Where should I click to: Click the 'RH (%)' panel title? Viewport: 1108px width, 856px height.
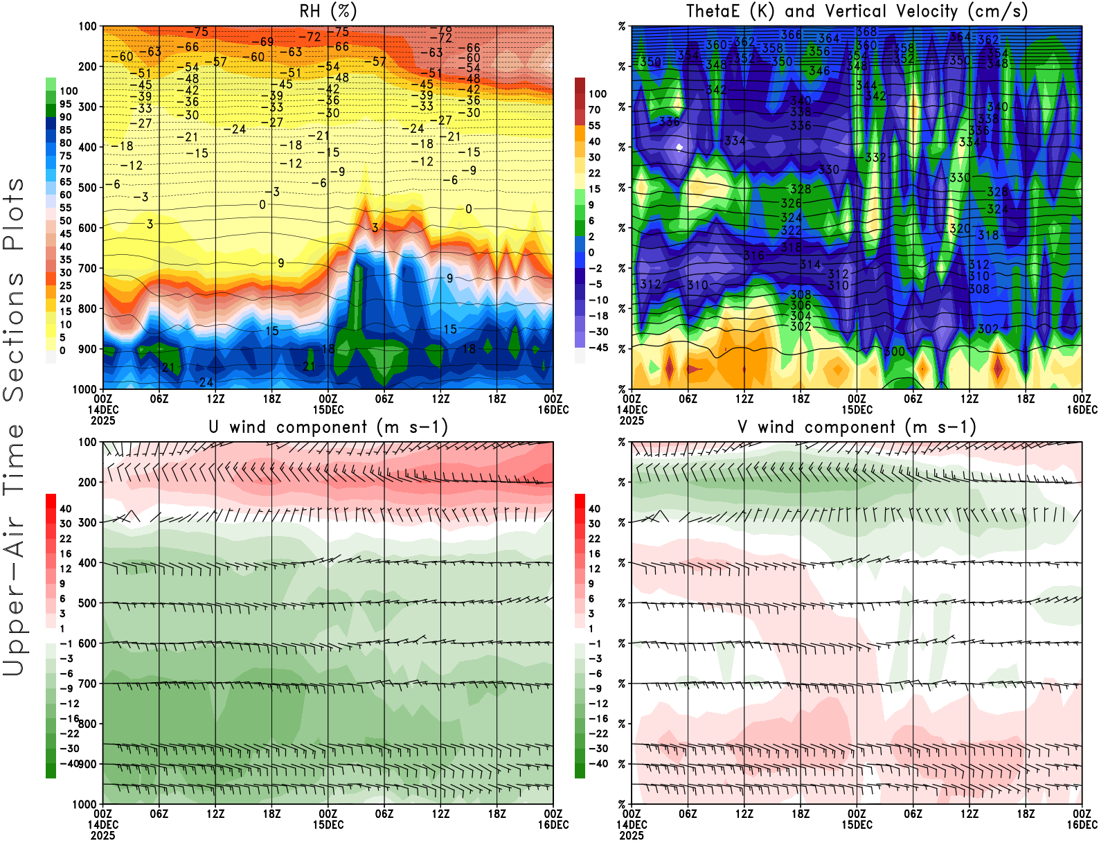(328, 11)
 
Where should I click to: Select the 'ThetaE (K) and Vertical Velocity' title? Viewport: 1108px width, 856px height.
(857, 11)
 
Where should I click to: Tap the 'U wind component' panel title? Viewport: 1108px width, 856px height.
(328, 427)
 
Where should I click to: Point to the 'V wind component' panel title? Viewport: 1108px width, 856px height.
(857, 427)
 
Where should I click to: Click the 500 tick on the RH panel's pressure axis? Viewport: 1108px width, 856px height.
(88, 188)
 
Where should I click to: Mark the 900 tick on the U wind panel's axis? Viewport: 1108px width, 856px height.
(88, 764)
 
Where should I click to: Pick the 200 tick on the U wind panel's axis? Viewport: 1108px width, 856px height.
(88, 482)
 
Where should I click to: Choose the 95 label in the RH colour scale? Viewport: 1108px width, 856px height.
(65, 104)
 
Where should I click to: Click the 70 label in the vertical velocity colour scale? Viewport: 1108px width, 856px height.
(594, 109)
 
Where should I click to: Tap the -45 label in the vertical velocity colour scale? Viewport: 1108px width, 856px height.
(598, 348)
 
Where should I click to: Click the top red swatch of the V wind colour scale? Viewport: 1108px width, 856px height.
(580, 501)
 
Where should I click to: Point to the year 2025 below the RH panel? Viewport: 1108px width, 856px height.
(102, 420)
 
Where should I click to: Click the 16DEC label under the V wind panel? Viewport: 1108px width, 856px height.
(1082, 825)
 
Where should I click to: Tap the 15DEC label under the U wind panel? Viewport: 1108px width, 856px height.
(328, 825)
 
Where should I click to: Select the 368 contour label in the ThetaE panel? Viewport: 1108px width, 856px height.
(866, 32)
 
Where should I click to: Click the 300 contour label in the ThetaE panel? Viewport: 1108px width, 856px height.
(894, 352)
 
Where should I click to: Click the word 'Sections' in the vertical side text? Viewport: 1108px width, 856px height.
(14, 336)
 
